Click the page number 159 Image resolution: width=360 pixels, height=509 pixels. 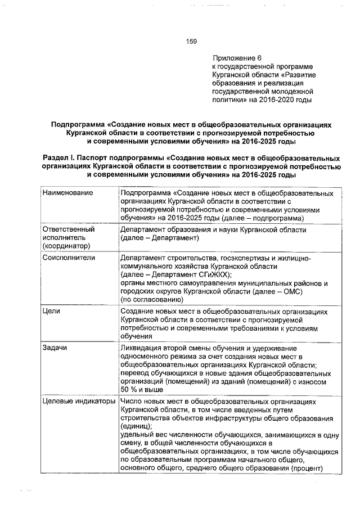191,41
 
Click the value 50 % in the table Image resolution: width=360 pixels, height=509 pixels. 129,389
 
